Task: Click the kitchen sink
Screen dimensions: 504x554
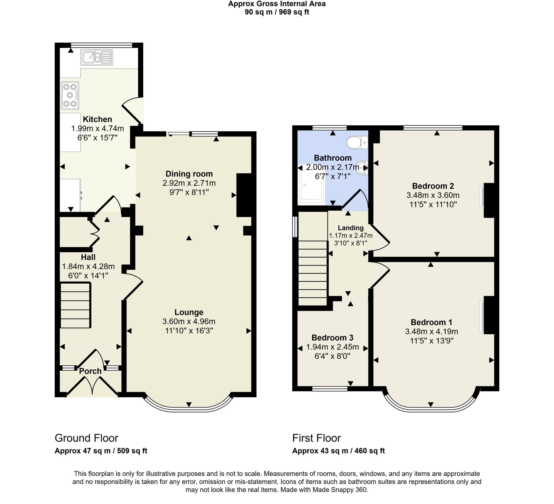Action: click(97, 57)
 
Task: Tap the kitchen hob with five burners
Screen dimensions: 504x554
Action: click(70, 95)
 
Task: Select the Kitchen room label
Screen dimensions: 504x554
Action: click(97, 119)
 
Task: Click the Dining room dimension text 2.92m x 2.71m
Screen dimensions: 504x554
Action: click(189, 183)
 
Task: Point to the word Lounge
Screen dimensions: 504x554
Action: click(189, 312)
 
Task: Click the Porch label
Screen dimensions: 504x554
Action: click(90, 371)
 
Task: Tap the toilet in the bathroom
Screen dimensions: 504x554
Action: click(357, 143)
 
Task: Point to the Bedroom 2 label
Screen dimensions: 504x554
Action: click(433, 186)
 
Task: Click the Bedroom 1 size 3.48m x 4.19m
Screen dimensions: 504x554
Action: click(431, 332)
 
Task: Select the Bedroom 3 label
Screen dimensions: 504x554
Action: click(332, 338)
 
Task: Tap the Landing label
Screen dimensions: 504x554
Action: click(350, 228)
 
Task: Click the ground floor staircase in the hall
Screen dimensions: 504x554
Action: click(75, 305)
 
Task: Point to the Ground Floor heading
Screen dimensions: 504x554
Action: click(86, 438)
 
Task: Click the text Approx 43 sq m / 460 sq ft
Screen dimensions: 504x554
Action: click(338, 451)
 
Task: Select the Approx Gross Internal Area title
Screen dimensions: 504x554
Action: click(277, 4)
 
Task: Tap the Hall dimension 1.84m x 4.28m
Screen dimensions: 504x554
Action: click(88, 266)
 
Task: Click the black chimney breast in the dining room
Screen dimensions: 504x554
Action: click(244, 195)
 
